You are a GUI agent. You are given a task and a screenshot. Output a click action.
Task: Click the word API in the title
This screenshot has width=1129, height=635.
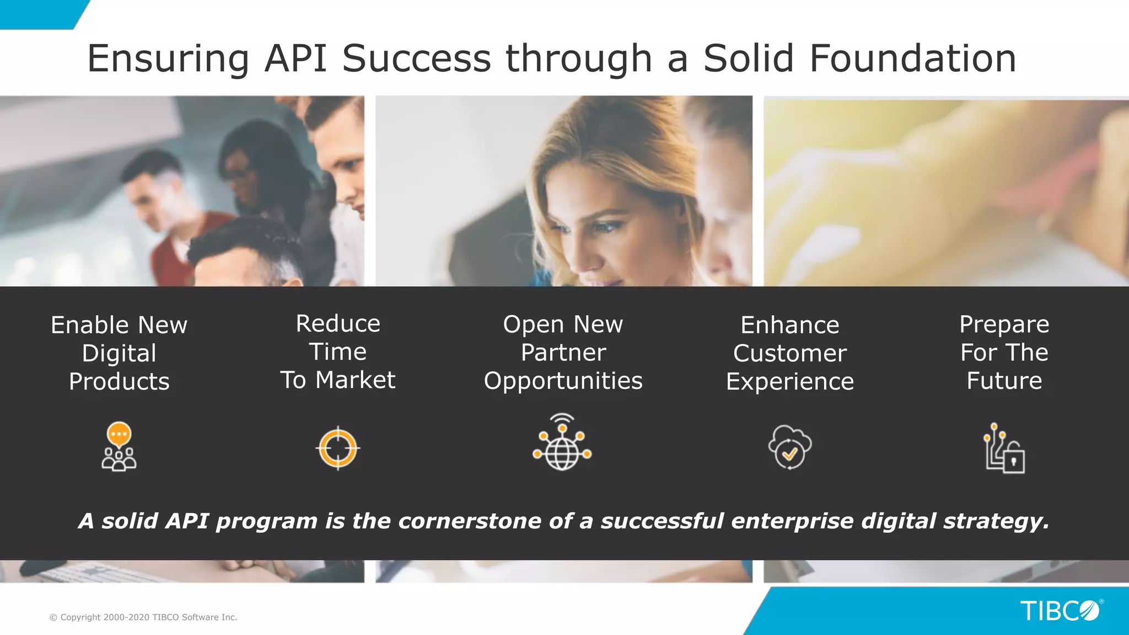[295, 58]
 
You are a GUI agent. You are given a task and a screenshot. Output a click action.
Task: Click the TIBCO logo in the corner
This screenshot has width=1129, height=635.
[1060, 611]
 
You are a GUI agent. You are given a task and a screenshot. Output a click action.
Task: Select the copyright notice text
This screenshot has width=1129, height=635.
[143, 617]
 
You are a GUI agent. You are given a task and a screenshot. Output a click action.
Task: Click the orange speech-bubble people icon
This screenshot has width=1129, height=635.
[119, 446]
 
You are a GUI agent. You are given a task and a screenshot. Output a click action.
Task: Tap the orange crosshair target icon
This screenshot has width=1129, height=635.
[338, 448]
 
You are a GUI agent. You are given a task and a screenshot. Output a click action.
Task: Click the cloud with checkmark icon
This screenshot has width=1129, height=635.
[789, 446]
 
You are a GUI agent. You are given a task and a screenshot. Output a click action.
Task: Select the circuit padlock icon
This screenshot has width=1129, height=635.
[1004, 448]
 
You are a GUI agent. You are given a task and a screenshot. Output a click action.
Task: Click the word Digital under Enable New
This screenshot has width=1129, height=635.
[119, 353]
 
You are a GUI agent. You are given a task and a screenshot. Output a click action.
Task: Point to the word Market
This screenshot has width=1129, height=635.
[355, 380]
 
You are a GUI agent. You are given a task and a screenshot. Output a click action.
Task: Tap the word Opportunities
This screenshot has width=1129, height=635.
[563, 381]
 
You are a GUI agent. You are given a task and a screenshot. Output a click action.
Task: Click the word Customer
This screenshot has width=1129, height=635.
[789, 353]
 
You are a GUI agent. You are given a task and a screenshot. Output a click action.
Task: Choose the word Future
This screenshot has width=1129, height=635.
[1004, 381]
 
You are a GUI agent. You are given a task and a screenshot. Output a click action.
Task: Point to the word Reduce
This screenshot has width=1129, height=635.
[338, 324]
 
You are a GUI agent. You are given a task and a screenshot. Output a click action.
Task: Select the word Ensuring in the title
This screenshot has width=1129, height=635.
[168, 58]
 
